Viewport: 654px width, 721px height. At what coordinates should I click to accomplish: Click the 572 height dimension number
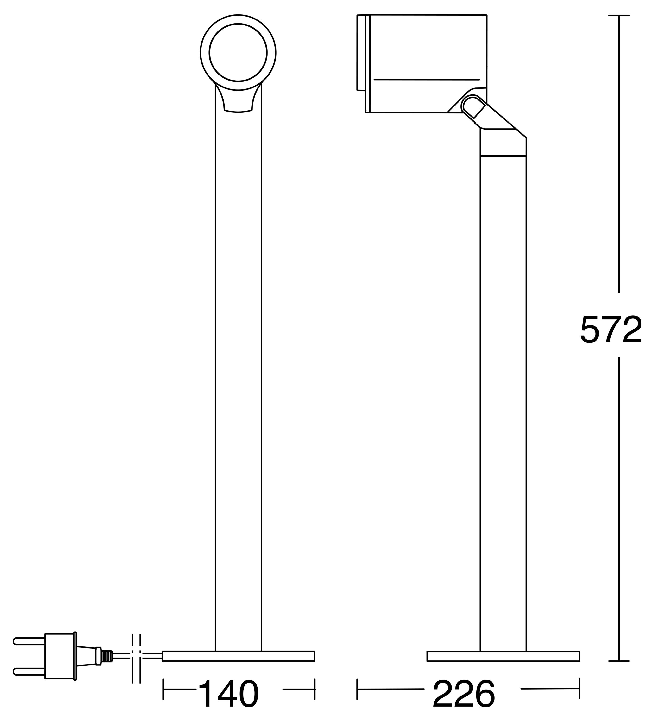[x=611, y=330]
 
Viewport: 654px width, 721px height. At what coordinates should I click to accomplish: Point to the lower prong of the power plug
[x=29, y=672]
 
